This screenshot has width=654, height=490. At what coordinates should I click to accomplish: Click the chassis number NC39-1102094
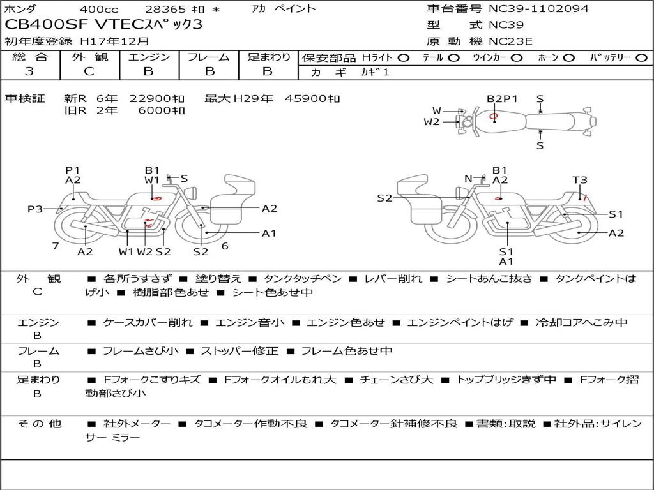tap(538, 8)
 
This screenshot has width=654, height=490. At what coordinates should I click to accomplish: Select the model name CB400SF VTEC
tap(74, 24)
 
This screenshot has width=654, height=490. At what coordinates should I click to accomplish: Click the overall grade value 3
tap(29, 71)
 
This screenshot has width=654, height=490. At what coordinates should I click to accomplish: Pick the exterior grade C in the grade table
tap(89, 71)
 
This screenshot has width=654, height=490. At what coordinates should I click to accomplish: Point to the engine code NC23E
tap(510, 41)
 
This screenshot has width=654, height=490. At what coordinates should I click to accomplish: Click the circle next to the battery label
tap(641, 58)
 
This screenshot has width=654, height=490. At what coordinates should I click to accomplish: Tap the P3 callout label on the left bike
tap(35, 209)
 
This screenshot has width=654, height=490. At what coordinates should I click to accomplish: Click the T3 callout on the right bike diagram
tap(580, 180)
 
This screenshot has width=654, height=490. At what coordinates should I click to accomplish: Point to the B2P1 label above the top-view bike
tap(502, 99)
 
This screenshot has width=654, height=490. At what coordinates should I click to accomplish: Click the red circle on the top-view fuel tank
tap(493, 116)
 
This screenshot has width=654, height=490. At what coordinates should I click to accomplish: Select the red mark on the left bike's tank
tap(156, 198)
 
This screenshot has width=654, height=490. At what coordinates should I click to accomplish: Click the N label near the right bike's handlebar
tap(468, 179)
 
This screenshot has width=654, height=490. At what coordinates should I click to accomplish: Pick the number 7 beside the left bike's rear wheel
tap(56, 246)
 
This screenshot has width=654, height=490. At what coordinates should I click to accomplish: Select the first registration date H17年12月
tap(114, 41)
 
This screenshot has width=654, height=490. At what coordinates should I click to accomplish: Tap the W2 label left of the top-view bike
tap(432, 122)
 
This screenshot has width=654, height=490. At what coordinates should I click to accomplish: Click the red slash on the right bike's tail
tap(585, 198)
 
